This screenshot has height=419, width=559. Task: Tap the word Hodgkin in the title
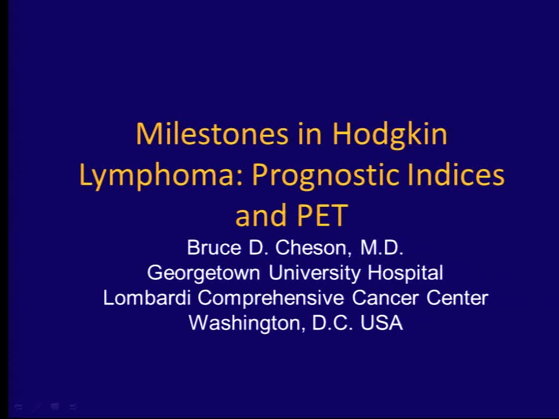390,135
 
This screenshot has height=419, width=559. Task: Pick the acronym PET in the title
322,216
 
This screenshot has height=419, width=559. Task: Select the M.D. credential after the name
382,248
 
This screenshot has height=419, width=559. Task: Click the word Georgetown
204,273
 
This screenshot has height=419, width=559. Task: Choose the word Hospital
405,273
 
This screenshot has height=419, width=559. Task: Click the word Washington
247,323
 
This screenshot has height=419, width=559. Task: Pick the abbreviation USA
382,323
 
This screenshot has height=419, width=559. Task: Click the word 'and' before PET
260,216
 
